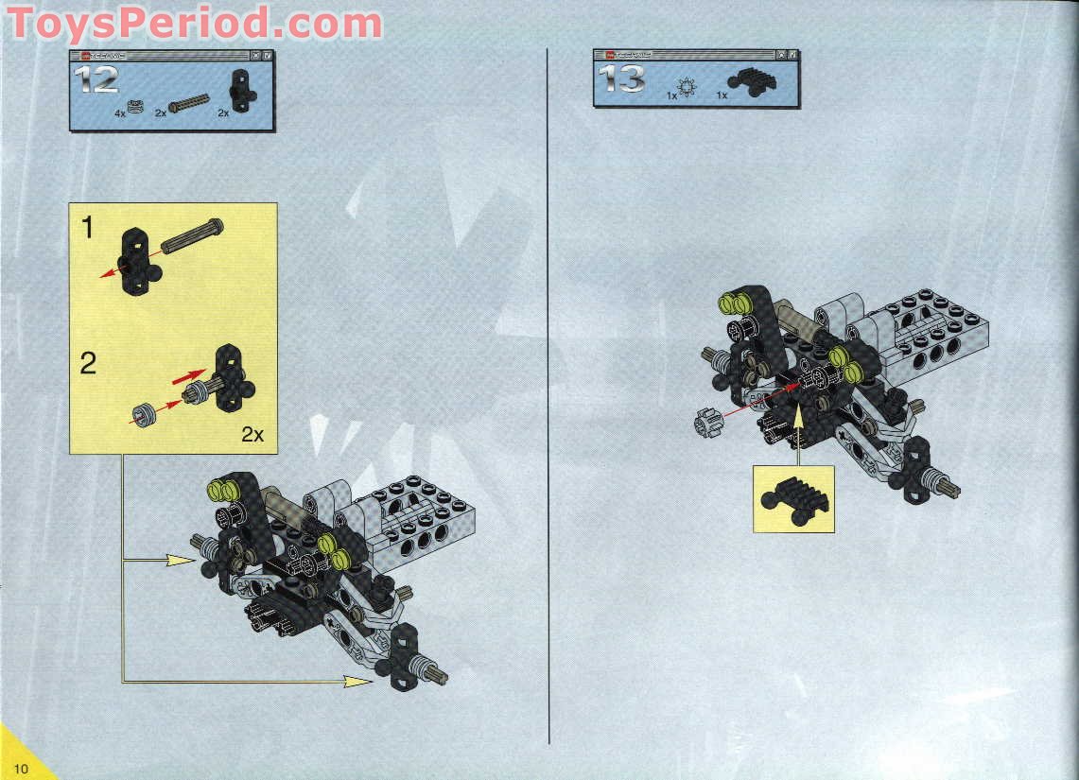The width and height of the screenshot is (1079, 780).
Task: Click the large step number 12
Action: (x=99, y=80)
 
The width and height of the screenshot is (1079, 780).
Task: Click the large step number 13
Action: (x=623, y=78)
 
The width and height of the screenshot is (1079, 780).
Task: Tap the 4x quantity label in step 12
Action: (x=119, y=113)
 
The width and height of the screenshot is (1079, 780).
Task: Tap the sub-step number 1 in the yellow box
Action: (x=87, y=229)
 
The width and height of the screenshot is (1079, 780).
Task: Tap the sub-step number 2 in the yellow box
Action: (x=88, y=362)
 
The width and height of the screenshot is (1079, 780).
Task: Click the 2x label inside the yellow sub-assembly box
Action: (x=252, y=434)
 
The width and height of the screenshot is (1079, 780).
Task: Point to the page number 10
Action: (x=20, y=767)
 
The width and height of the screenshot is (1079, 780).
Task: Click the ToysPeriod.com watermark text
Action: (x=194, y=23)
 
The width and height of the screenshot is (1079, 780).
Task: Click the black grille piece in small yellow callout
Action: (x=793, y=499)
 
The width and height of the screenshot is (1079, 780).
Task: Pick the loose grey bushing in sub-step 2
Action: (x=145, y=414)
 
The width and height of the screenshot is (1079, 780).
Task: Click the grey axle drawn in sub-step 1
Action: (x=192, y=236)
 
